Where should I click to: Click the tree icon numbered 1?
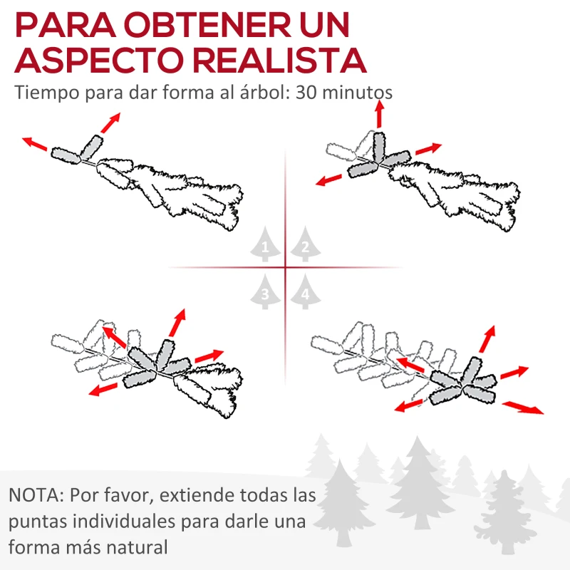click(266, 247)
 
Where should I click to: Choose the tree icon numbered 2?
click(305, 247)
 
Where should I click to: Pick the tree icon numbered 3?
click(266, 291)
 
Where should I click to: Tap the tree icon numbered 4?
click(305, 291)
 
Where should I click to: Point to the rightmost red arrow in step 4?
click(523, 408)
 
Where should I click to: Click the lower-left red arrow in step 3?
click(104, 388)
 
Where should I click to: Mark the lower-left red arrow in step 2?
click(331, 178)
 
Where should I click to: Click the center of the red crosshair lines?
click(285, 268)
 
